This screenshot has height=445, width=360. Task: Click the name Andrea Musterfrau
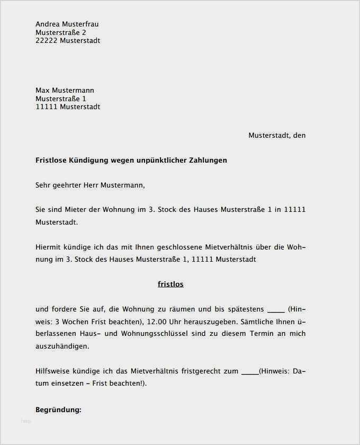point(67,24)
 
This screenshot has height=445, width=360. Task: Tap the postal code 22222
point(47,41)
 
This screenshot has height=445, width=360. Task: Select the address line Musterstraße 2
point(61,32)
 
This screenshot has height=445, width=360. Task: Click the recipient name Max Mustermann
point(65,90)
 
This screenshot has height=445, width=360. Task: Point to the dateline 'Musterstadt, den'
point(277,135)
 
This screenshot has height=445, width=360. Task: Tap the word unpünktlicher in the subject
point(160,160)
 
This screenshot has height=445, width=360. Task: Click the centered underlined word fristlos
point(170,284)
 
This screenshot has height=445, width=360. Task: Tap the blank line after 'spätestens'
point(276,309)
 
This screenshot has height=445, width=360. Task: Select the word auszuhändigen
point(62,346)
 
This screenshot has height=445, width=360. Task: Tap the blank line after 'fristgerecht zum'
point(249,371)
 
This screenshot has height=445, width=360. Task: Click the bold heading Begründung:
point(58,410)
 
